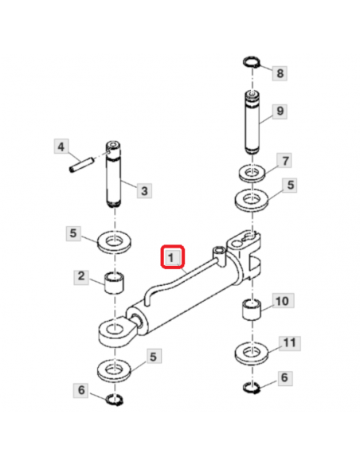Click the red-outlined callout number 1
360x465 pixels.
173,257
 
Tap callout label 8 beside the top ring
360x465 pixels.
280,73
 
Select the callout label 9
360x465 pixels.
280,111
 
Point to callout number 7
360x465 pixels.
284,160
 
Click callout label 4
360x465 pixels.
61,147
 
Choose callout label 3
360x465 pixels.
144,190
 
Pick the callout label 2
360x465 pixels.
81,277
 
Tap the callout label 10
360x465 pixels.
282,301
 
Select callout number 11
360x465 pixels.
289,343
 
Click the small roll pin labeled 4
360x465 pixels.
82,165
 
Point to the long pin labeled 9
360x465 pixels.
252,123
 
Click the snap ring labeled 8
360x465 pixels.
251,62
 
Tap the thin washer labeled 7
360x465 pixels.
252,174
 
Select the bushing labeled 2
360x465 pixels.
114,283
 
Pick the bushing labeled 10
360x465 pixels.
252,311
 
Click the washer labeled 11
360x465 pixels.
252,354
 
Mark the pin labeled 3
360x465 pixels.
114,174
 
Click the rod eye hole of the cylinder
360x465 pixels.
114,329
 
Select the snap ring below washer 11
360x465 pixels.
251,388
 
